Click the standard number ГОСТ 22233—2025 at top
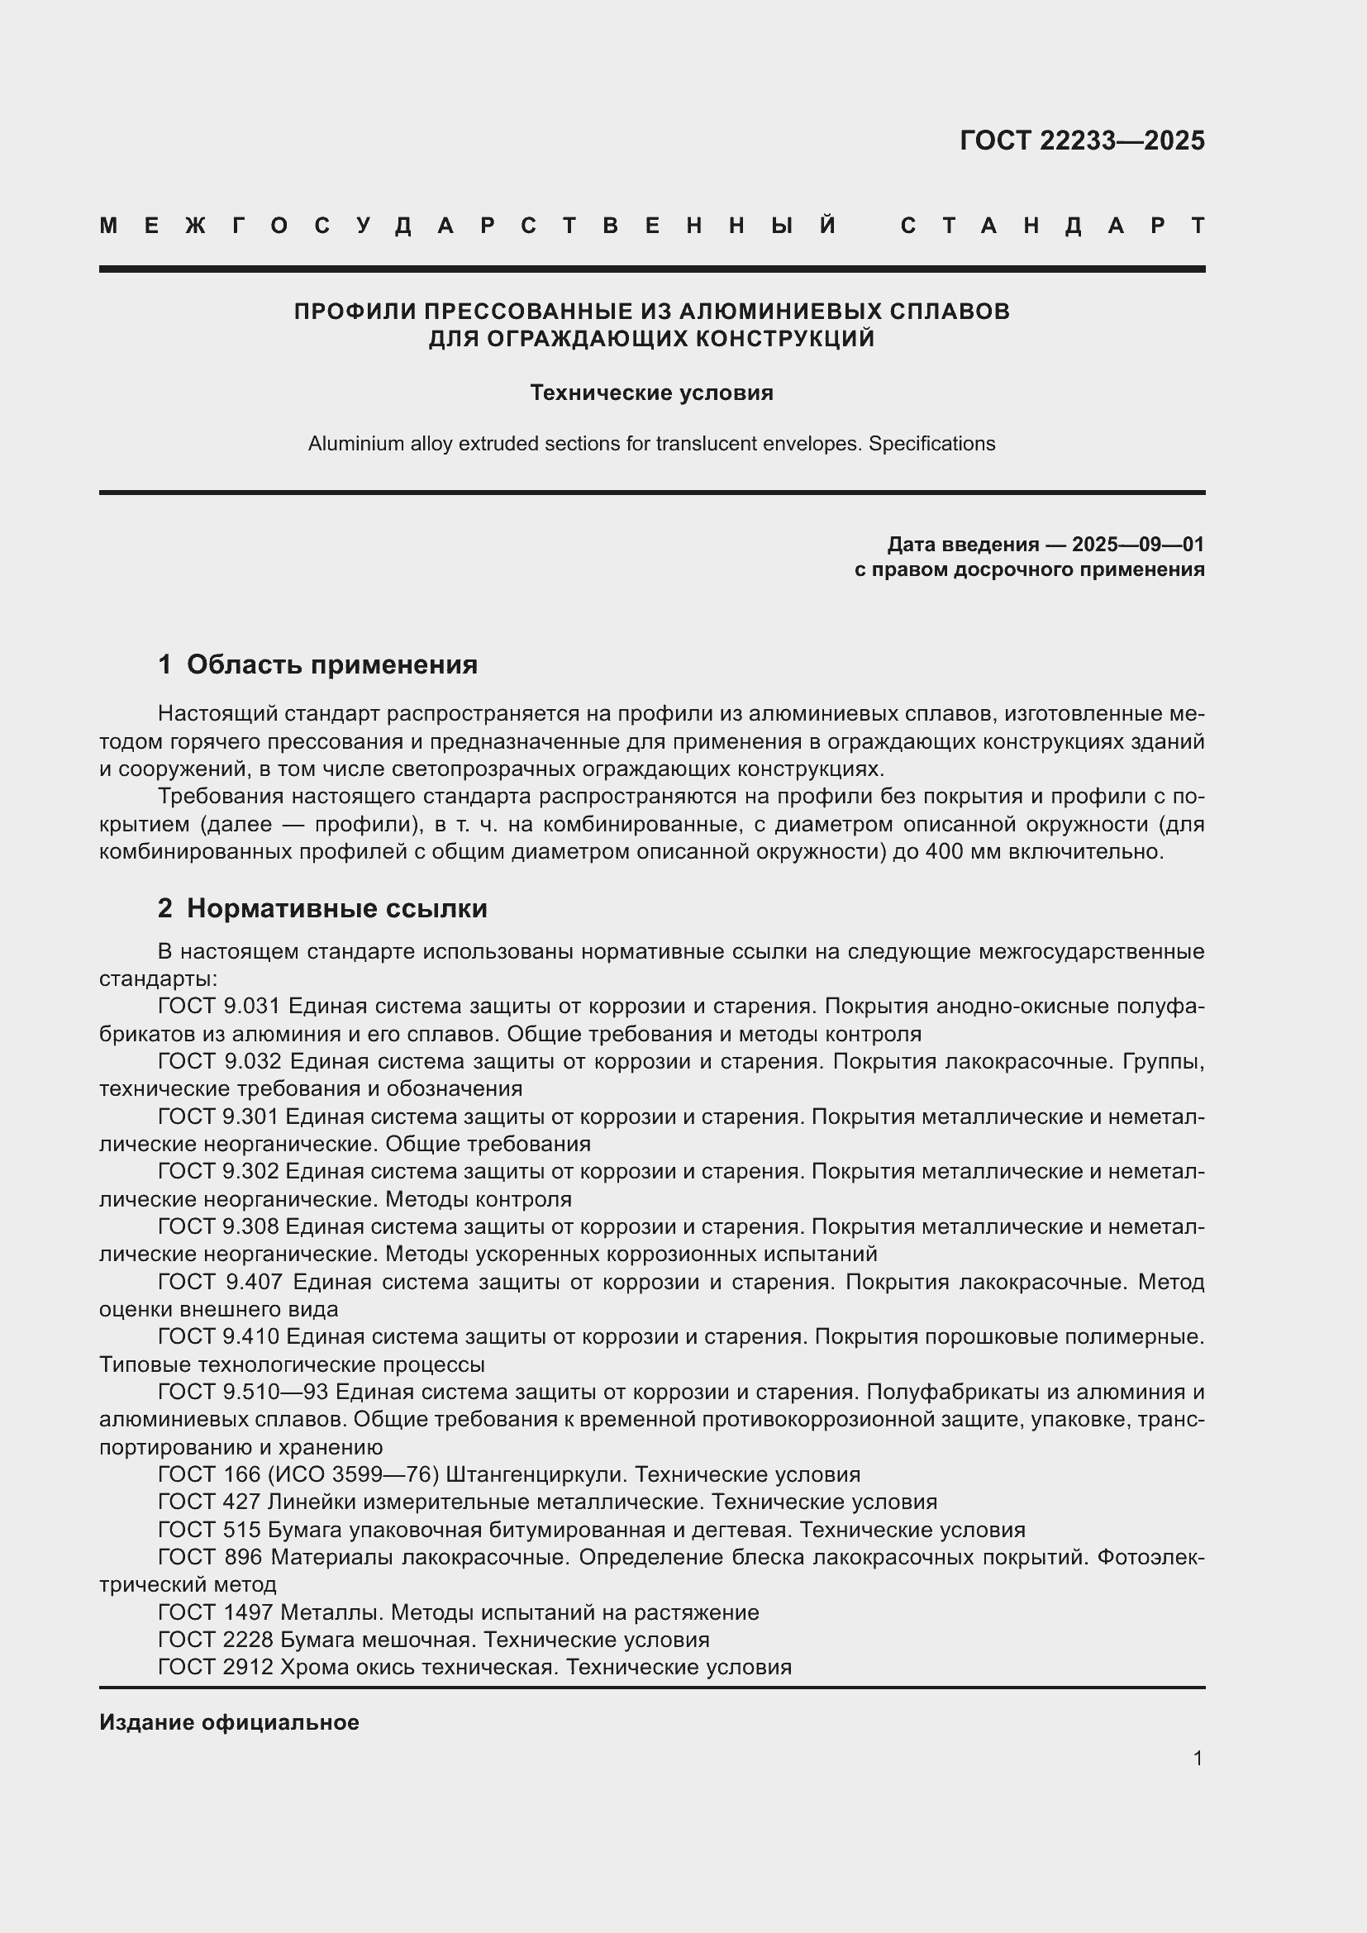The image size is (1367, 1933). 1082,140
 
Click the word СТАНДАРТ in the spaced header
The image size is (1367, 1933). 1053,226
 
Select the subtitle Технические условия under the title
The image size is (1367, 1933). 651,393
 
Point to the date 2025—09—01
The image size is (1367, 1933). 1138,544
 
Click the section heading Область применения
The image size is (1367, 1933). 331,664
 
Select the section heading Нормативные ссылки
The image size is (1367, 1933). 336,908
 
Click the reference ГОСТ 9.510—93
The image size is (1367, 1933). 241,1392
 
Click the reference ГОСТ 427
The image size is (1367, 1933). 210,1502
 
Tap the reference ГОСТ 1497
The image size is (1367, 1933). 216,1612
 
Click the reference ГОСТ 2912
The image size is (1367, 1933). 216,1667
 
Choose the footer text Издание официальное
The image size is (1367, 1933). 229,1721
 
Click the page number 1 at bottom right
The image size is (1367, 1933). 1198,1758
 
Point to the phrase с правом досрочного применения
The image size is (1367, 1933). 1029,570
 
